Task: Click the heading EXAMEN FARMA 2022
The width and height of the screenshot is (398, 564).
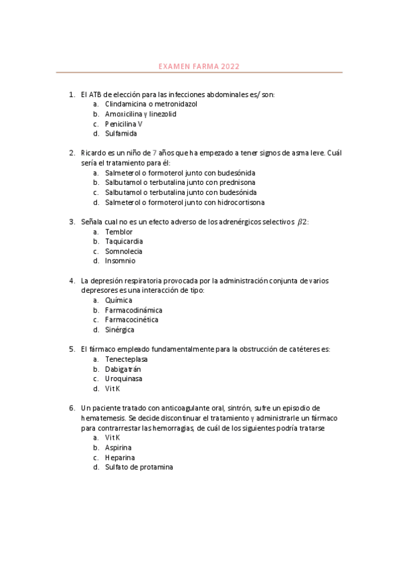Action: [199, 67]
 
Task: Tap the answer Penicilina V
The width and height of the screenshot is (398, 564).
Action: [124, 124]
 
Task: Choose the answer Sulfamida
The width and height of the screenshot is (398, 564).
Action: [121, 133]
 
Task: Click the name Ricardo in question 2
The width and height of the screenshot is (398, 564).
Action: [94, 153]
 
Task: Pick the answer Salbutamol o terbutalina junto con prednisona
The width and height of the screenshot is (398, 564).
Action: [180, 182]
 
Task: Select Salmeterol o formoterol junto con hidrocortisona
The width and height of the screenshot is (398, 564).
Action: [184, 202]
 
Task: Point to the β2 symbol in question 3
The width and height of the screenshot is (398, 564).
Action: [302, 222]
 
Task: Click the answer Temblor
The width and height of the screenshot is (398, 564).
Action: [118, 232]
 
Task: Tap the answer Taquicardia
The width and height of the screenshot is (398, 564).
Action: [124, 241]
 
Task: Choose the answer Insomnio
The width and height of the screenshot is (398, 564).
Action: [120, 261]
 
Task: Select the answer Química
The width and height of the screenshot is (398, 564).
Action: [118, 301]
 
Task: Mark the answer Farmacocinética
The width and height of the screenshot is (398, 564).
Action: [132, 320]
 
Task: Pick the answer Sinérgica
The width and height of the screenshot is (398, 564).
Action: [120, 330]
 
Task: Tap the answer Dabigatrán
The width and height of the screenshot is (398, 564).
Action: [123, 369]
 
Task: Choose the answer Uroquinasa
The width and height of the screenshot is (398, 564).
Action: [123, 379]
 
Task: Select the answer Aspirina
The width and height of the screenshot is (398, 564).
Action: [118, 448]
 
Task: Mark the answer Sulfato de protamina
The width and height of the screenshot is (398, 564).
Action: [139, 467]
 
